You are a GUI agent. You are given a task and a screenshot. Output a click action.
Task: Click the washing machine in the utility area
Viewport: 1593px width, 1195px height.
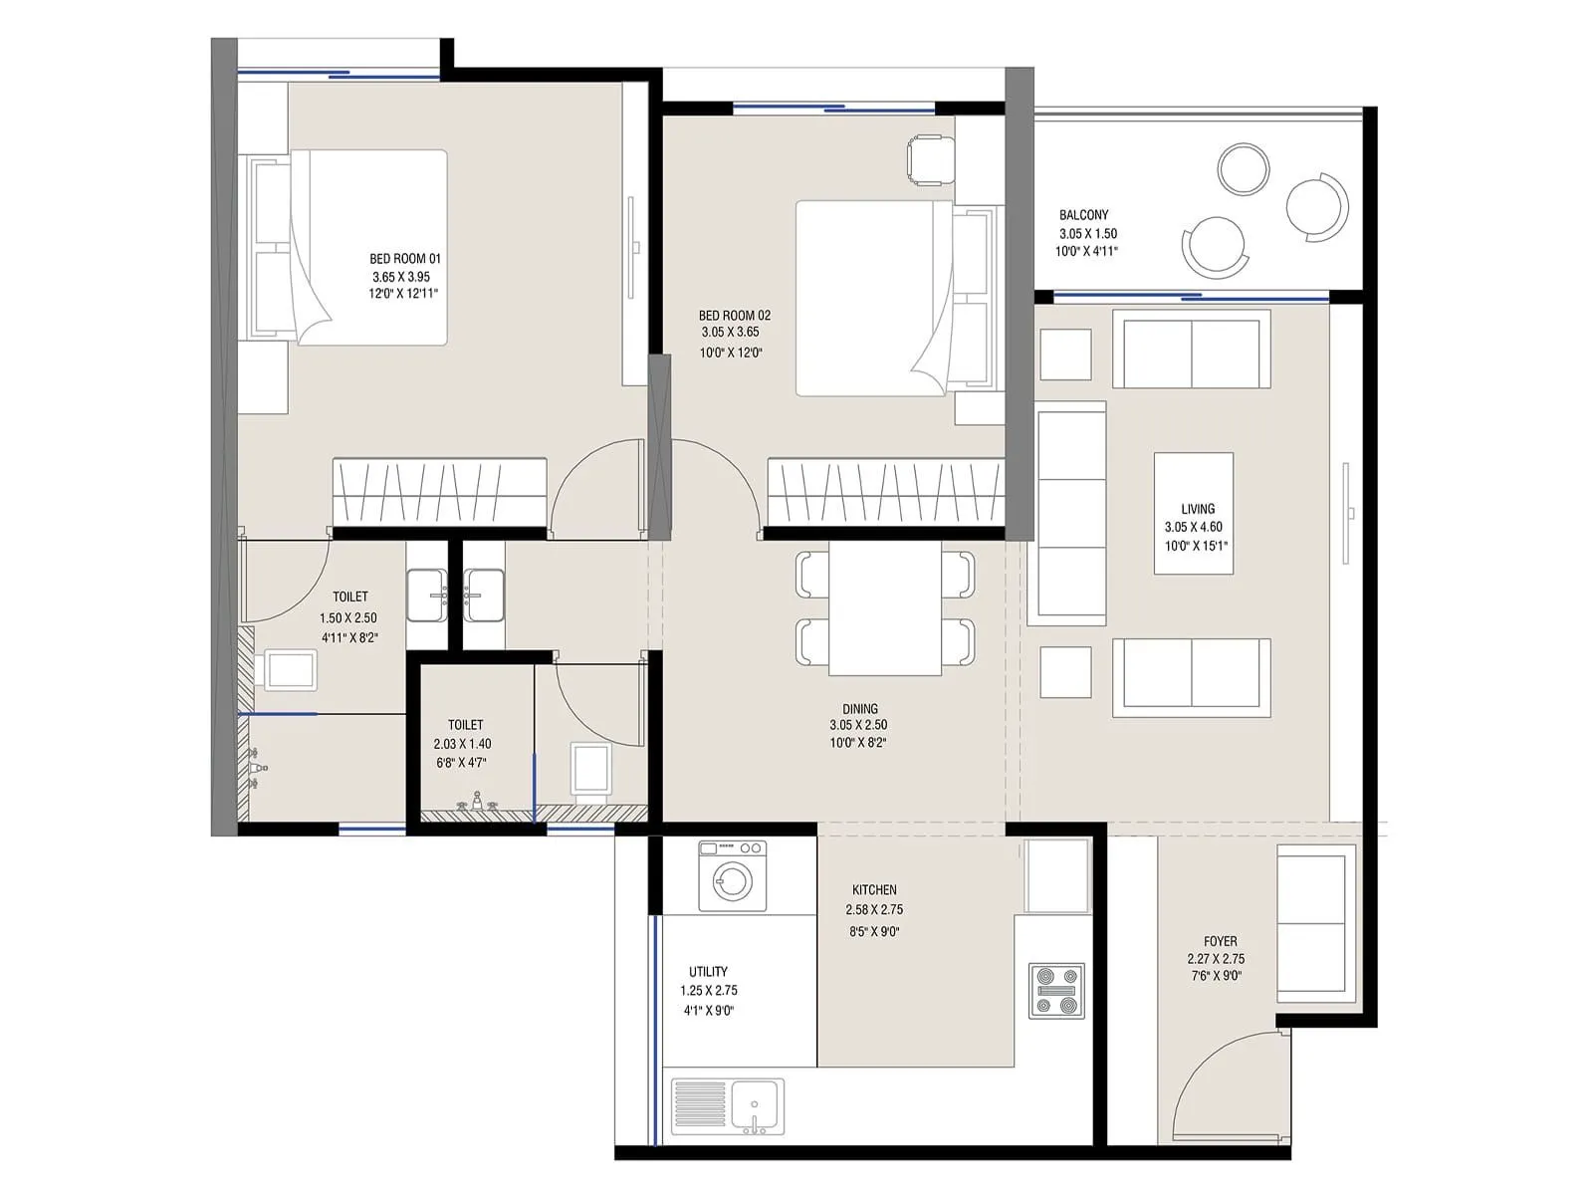pos(733,876)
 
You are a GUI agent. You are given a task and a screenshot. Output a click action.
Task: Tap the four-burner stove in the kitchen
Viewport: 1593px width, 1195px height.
pos(1056,991)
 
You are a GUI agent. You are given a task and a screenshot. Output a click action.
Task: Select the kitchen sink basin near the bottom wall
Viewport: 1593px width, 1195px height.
pos(755,1105)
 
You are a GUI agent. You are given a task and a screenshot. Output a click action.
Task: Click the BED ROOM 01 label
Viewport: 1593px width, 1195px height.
pos(404,259)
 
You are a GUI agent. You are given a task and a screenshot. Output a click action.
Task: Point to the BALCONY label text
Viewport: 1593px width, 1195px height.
pos(1083,215)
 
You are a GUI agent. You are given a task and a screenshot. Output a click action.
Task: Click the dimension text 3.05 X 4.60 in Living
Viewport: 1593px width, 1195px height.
pos(1193,528)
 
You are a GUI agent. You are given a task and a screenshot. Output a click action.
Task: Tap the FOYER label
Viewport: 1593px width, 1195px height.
pos(1220,941)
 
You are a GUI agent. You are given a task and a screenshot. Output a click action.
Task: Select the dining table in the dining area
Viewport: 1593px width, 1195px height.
pos(885,608)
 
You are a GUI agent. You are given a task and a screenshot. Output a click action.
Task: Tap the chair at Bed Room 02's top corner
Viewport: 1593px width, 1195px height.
pos(930,159)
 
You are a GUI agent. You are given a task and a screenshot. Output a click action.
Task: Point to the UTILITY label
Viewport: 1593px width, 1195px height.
pos(708,972)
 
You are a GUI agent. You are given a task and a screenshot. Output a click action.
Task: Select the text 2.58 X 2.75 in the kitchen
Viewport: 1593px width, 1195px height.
pos(874,910)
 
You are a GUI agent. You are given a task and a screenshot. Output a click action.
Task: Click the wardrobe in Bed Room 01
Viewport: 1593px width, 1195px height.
pos(439,492)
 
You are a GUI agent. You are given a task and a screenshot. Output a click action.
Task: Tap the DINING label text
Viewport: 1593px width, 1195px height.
pos(859,710)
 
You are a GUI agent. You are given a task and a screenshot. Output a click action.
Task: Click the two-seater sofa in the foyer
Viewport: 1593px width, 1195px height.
pos(1316,922)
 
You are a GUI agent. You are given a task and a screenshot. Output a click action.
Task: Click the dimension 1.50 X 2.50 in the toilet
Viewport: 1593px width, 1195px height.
pos(348,618)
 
